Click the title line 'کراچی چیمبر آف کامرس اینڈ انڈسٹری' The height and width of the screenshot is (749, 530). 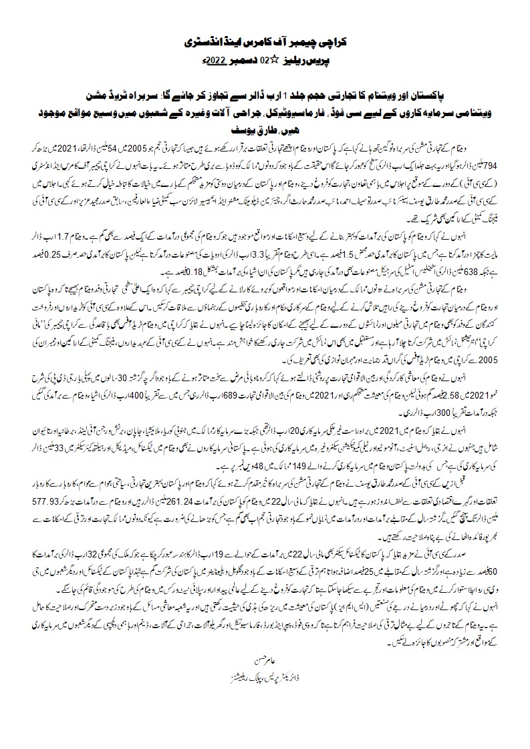click(265, 41)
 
